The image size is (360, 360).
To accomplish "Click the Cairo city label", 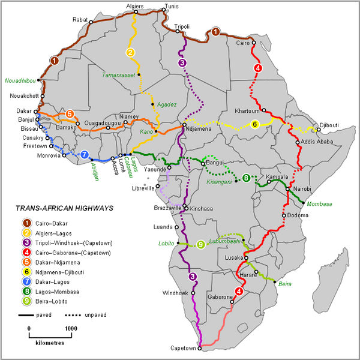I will pos(243,43).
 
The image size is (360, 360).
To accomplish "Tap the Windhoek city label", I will pos(174,293).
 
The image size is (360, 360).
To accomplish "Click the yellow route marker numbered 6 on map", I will pos(254,124).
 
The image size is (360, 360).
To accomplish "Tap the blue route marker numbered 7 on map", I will pos(84,154).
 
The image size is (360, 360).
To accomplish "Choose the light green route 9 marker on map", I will pos(200,244).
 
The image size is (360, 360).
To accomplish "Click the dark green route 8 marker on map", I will pos(247,178).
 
